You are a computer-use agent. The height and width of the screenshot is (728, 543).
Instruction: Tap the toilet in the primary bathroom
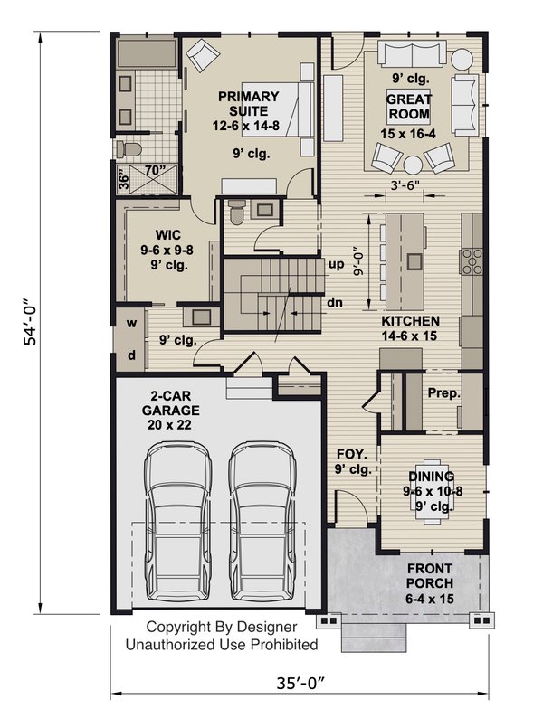point(129,147)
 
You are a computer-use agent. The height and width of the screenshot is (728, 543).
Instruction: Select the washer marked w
point(131,323)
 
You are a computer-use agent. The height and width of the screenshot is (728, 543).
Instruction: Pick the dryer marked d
point(131,355)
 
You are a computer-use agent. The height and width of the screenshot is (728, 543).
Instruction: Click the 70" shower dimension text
point(156,169)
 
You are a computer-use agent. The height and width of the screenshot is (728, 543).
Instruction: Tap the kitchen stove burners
point(472,260)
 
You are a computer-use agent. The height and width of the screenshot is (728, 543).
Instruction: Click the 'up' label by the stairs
point(335,266)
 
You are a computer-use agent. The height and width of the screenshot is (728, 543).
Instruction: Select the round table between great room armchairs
point(413,165)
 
